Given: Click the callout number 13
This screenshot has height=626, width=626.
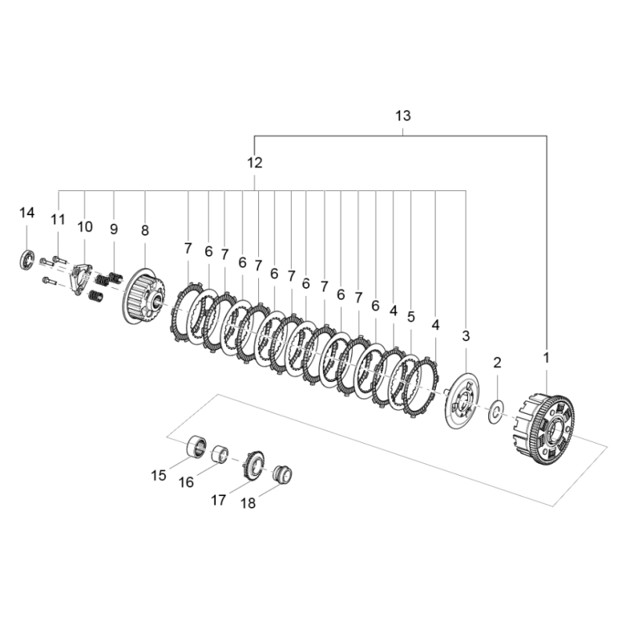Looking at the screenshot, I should coord(402,116).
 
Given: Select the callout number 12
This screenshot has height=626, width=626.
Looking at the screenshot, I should coord(255,164).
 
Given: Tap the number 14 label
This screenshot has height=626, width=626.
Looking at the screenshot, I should coord(27,213).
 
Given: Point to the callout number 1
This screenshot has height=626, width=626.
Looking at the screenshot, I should coord(546,357).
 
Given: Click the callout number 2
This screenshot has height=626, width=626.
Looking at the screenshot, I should coord(496,362).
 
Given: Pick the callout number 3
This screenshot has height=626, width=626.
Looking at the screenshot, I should coord(466,336).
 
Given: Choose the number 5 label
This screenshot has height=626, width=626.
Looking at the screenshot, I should coord(411,317).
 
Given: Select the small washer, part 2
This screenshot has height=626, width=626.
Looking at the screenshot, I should coord(495,413).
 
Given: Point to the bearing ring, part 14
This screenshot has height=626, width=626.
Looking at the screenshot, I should coord(27,259).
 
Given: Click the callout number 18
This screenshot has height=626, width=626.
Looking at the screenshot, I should coord(248,504).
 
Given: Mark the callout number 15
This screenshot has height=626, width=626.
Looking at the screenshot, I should coord(159,475).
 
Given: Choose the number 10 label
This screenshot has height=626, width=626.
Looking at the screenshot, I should coord(85,227).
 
